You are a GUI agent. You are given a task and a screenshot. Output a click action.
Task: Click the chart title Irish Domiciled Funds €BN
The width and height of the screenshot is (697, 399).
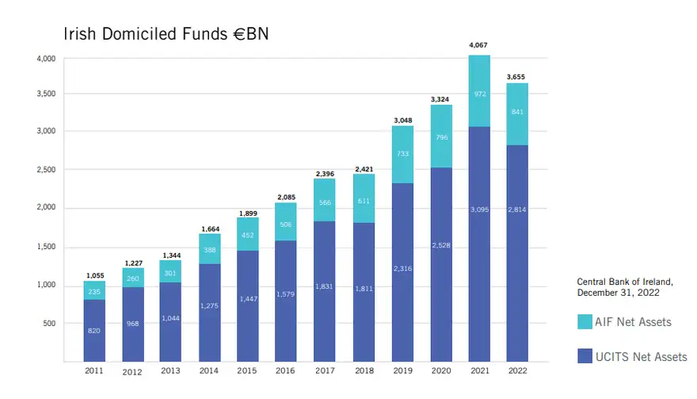(166, 34)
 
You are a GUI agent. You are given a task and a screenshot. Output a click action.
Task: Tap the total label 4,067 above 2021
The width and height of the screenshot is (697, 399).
(478, 46)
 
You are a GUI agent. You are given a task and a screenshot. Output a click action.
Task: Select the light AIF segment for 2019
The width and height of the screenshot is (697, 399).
(402, 155)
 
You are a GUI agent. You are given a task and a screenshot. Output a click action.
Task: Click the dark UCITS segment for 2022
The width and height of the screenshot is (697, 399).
(517, 254)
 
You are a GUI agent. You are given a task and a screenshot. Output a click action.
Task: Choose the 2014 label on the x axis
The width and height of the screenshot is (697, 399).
(210, 370)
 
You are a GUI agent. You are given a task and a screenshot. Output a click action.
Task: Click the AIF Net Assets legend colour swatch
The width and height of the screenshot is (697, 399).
(585, 321)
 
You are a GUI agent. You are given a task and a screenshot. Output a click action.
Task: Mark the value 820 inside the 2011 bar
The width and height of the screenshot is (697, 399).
(94, 330)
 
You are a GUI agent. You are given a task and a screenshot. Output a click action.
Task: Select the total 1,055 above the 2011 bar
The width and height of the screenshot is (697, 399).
(94, 274)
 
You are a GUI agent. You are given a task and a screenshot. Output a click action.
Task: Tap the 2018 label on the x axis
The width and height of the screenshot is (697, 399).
(364, 370)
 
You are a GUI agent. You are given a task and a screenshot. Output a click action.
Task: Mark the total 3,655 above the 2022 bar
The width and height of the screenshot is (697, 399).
(517, 76)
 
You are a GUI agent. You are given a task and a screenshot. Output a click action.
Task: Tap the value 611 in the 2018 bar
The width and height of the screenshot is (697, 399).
(364, 201)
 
